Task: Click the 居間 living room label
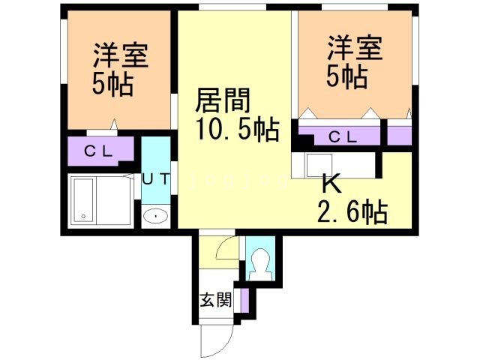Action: point(223,100)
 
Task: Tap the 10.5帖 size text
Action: point(238,129)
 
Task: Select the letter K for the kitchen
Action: point(331,184)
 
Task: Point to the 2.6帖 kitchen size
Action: point(352,211)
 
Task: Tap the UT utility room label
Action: point(155,179)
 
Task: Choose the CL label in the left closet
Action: point(98,151)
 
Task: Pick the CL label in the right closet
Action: point(343,137)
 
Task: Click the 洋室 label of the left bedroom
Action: point(121,55)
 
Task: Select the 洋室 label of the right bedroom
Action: point(355,48)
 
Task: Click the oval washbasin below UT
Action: point(156,217)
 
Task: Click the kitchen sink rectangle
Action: point(319,165)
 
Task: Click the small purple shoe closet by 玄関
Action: point(244,300)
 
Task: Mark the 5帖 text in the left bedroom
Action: point(113,84)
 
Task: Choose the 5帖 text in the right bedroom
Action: point(347,76)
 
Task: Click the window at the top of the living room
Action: point(232,7)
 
